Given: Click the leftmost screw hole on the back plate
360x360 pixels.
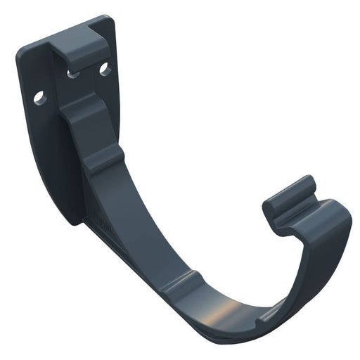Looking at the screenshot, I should (x=39, y=97).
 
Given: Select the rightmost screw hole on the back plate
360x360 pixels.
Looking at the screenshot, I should (x=104, y=69).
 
